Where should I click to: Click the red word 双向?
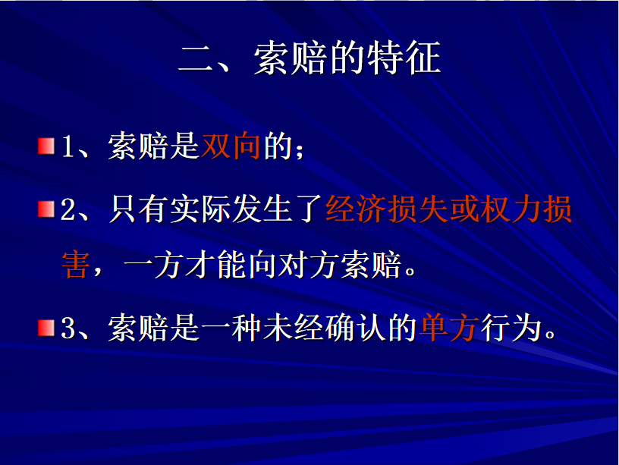(x=231, y=146)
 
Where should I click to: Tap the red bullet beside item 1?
(x=46, y=146)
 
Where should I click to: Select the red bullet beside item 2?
(x=46, y=209)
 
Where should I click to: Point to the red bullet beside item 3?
(x=46, y=328)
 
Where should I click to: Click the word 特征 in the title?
(x=404, y=58)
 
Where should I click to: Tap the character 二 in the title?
(x=196, y=59)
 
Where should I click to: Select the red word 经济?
(x=356, y=209)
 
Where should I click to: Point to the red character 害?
(x=76, y=265)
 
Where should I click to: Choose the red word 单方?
(x=449, y=328)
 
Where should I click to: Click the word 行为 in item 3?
(x=511, y=328)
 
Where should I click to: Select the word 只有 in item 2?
(x=138, y=209)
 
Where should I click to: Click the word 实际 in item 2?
(x=200, y=209)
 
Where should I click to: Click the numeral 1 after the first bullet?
(x=68, y=146)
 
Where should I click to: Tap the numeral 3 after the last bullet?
(x=68, y=328)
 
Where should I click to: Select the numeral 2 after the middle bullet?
(x=68, y=209)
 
